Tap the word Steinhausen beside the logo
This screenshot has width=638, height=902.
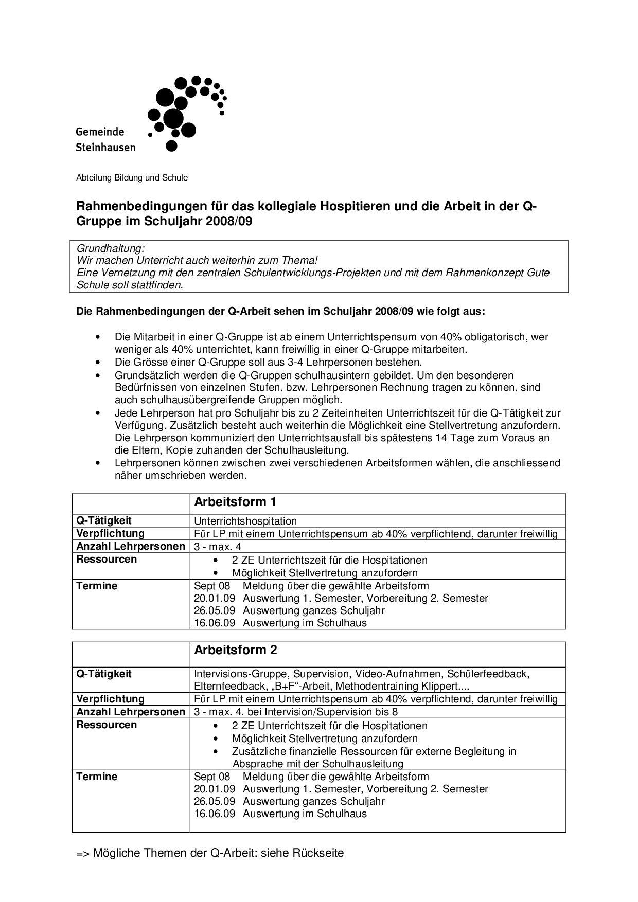(x=105, y=147)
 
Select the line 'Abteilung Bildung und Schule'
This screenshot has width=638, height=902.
(x=132, y=178)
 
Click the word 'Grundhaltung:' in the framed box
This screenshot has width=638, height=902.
(x=110, y=248)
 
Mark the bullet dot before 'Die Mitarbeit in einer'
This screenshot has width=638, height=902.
(x=97, y=337)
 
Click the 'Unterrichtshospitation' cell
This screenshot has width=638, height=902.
(x=245, y=521)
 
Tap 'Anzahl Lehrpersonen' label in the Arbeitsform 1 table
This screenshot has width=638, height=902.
(x=131, y=546)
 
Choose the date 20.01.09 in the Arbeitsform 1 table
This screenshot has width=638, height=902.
(x=215, y=598)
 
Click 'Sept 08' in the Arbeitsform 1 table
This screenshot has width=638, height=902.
(x=212, y=586)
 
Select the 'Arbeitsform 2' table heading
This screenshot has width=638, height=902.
(x=235, y=650)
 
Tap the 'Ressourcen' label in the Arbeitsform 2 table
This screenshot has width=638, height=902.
(x=107, y=725)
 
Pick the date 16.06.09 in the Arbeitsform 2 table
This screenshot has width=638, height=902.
(x=215, y=814)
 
